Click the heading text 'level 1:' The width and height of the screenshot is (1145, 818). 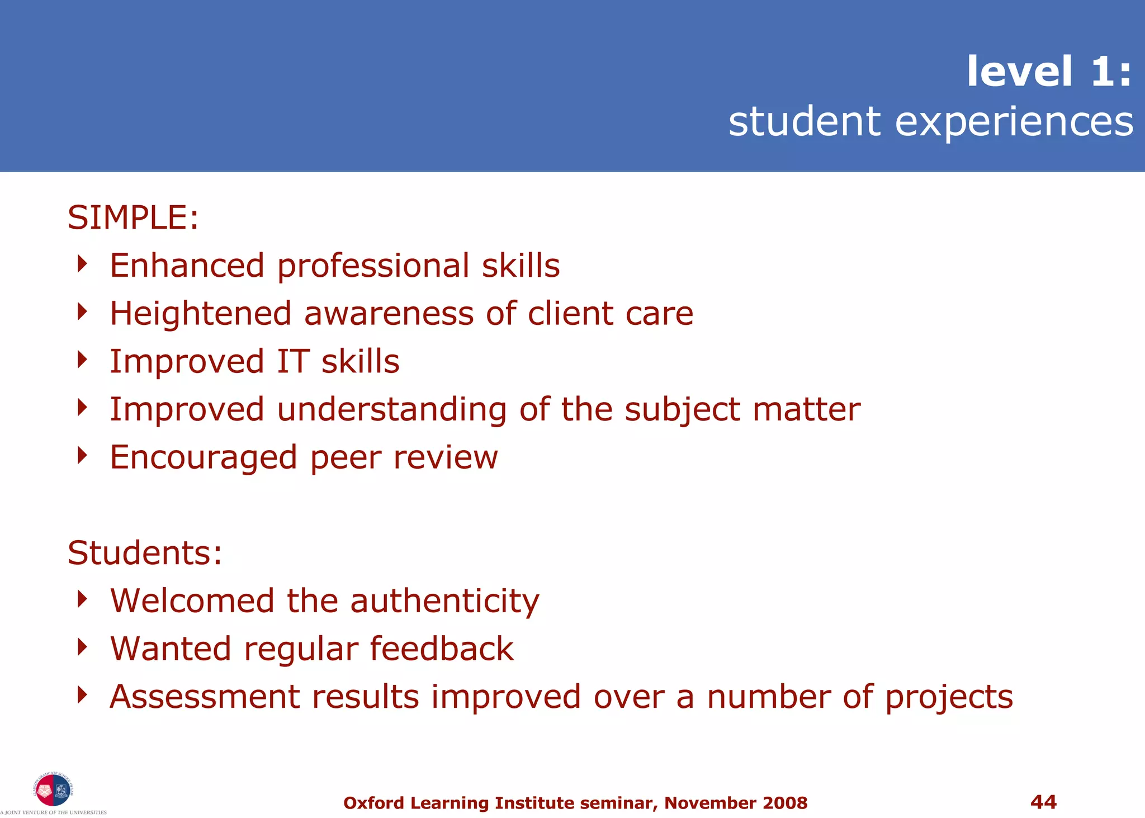[x=1049, y=72]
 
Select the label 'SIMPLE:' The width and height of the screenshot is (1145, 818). [x=133, y=217]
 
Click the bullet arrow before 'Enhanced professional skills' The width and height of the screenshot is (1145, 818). [x=82, y=264]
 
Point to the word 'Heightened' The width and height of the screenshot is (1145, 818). [x=200, y=314]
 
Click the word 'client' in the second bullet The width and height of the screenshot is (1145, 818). [x=570, y=313]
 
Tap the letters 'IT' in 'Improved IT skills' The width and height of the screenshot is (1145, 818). [x=293, y=361]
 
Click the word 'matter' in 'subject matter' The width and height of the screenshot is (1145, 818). [x=806, y=409]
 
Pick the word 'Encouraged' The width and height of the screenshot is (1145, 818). [x=203, y=458]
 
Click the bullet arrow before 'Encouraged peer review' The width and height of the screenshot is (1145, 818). [x=82, y=456]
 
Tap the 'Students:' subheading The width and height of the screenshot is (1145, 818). [x=145, y=553]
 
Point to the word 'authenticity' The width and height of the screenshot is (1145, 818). [x=444, y=602]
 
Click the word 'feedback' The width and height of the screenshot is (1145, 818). [x=441, y=649]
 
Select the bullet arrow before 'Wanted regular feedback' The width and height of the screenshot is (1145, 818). [x=82, y=647]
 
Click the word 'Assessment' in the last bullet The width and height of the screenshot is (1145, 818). [x=205, y=697]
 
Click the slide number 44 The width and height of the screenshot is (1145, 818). [x=1043, y=802]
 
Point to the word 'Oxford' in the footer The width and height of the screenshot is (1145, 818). [x=373, y=803]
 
